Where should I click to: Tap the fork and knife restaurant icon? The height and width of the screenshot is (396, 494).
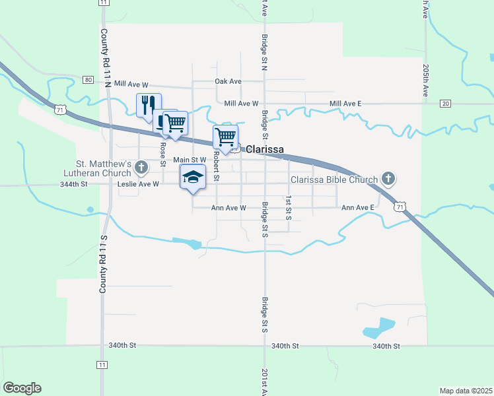(x=148, y=104)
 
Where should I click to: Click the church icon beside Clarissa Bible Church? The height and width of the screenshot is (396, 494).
(x=388, y=179)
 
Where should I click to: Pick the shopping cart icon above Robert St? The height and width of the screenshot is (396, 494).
(x=226, y=137)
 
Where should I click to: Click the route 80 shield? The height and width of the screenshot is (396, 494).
(x=88, y=80)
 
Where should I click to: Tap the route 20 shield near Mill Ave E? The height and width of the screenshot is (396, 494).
(x=446, y=104)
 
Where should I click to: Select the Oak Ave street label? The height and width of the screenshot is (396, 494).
(x=229, y=81)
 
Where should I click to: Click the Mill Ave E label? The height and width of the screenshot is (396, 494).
(x=345, y=104)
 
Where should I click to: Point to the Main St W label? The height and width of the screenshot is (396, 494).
(x=190, y=160)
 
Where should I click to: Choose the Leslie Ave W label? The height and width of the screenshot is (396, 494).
(x=138, y=184)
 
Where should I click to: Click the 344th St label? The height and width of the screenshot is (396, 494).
(x=74, y=184)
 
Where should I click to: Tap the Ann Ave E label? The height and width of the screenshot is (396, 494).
(x=358, y=207)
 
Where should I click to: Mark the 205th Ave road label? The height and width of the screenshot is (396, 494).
(x=426, y=81)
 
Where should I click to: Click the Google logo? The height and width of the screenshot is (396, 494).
(x=22, y=387)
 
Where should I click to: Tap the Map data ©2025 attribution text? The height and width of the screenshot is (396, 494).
(x=466, y=391)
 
